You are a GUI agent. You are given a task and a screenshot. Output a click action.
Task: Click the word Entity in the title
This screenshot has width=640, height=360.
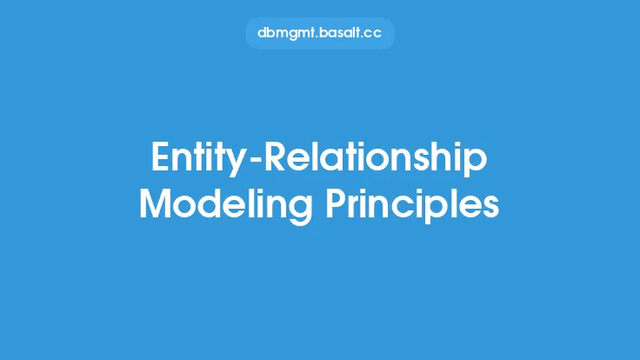click(x=198, y=159)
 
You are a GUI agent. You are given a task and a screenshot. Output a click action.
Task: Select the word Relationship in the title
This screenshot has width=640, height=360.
click(x=376, y=159)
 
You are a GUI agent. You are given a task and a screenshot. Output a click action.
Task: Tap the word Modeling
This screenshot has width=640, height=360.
click(x=226, y=206)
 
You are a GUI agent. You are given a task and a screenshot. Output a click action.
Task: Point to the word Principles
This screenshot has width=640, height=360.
click(x=412, y=206)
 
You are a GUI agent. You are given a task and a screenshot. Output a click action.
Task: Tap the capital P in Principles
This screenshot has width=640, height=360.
click(x=335, y=203)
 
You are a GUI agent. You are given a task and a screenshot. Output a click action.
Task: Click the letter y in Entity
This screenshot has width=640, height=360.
click(x=235, y=163)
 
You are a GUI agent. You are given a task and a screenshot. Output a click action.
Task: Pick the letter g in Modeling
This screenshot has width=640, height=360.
click(x=301, y=210)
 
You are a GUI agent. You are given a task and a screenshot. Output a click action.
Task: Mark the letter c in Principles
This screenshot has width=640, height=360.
click(x=426, y=207)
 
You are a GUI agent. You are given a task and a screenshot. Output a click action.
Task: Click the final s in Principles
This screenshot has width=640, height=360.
click(x=491, y=207)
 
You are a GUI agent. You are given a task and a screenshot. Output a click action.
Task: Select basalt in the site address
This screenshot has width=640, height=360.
click(x=338, y=33)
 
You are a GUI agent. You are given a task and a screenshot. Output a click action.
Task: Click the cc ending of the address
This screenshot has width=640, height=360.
click(x=371, y=34)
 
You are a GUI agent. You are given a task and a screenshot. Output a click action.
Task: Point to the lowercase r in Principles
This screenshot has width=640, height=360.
click(x=353, y=207)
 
